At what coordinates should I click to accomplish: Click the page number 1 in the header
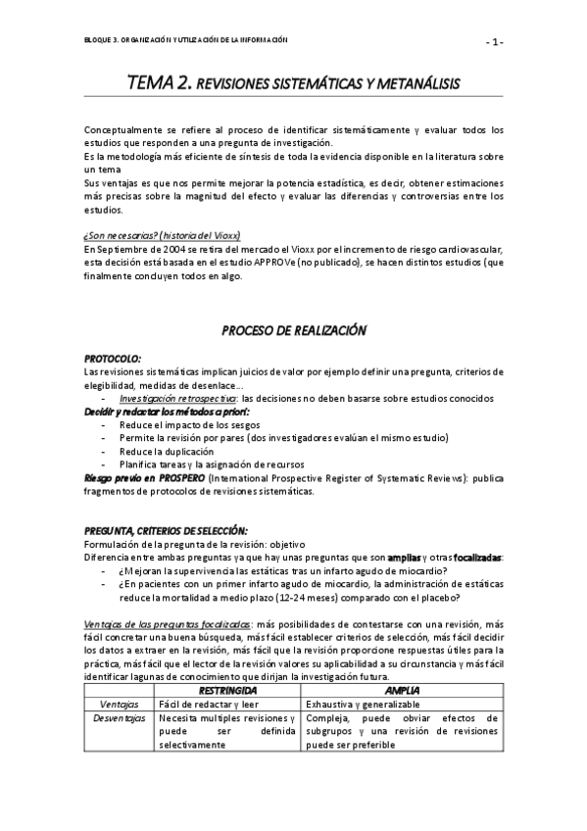pyautogui.click(x=497, y=41)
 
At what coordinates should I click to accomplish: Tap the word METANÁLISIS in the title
pyautogui.click(x=412, y=88)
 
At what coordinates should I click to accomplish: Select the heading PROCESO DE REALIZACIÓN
pyautogui.click(x=293, y=331)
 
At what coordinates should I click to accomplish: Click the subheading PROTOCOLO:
pyautogui.click(x=113, y=359)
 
